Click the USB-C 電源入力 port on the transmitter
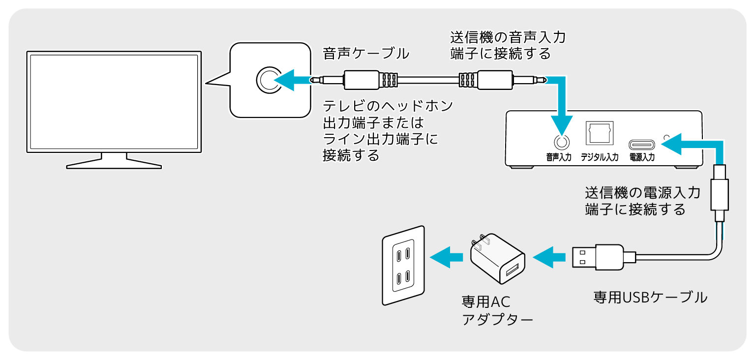(x=642, y=145)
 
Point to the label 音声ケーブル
(x=365, y=54)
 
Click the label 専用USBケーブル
(x=650, y=297)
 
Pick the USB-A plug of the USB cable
(x=598, y=256)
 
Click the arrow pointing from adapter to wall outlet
(x=446, y=256)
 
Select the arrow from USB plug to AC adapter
(x=550, y=256)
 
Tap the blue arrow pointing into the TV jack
(x=290, y=80)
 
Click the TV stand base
(x=114, y=162)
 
